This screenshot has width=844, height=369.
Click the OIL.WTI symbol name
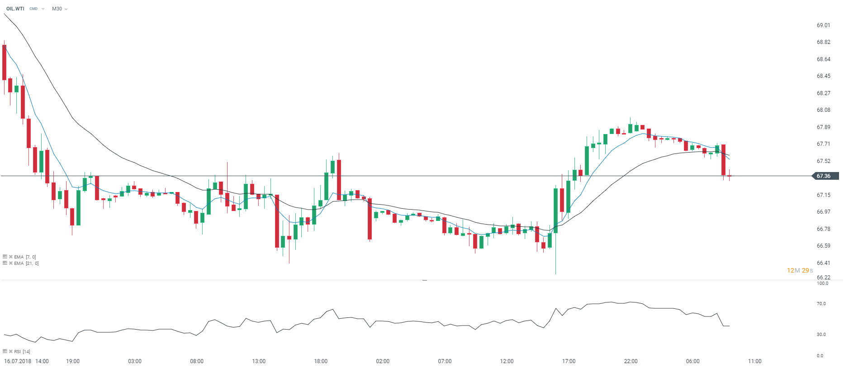15,9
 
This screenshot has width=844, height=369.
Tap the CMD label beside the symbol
33,9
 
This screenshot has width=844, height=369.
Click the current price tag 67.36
824,176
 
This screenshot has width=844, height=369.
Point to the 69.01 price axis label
823,25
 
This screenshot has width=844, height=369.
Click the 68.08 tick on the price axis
823,110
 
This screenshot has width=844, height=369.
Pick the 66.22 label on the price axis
823,278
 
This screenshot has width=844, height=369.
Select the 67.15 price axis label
823,195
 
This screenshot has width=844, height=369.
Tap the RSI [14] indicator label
22,351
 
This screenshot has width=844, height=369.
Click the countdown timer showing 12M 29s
800,270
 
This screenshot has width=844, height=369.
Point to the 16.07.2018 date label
18,361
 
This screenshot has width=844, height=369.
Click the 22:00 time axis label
631,361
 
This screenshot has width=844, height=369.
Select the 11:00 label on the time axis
754,361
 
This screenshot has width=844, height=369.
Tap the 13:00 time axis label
259,361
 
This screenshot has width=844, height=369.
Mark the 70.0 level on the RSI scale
821,304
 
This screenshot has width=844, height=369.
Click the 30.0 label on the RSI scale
821,335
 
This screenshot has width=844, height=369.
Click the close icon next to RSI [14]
11,351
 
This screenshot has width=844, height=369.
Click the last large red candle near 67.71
723,159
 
